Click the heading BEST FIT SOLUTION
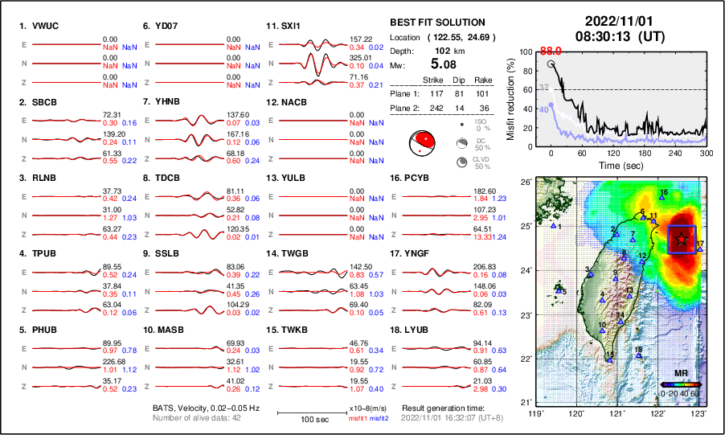click(437, 23)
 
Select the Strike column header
click(433, 80)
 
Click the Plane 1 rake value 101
click(482, 92)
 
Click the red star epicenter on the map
click(682, 239)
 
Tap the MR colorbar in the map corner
click(679, 384)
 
